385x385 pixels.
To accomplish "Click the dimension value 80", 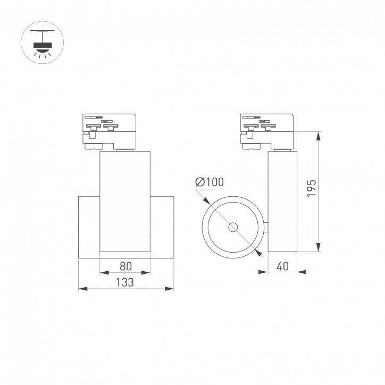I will (125, 266).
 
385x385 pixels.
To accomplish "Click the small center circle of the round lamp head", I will (233, 228).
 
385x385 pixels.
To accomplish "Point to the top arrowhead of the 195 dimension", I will (318, 135).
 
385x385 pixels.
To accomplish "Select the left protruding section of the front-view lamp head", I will (89, 228).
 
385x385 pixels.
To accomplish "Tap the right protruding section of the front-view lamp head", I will (162, 228).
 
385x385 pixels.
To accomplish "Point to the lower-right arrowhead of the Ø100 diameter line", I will (259, 253).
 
